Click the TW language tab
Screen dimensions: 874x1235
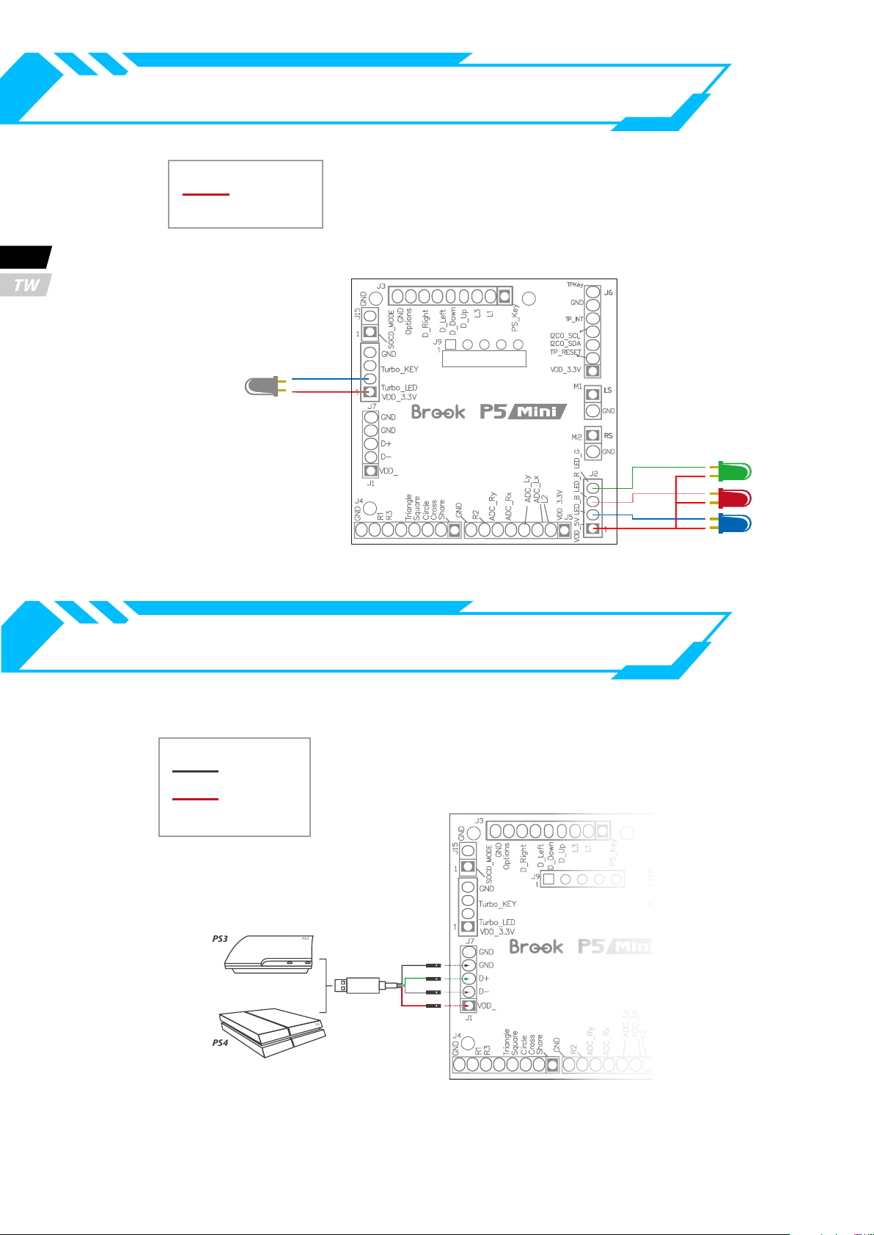point(26,285)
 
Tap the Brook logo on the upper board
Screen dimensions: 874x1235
point(438,412)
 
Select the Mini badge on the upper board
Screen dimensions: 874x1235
point(539,412)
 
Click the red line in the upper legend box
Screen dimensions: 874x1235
point(206,195)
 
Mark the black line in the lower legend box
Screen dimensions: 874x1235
point(196,771)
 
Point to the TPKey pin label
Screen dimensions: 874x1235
point(575,285)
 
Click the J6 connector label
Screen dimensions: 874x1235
point(608,292)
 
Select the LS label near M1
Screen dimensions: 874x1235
point(608,391)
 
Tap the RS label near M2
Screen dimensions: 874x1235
point(608,436)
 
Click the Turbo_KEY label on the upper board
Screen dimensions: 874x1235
point(399,370)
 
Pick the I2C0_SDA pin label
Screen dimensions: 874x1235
point(565,344)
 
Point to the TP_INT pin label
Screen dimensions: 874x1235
point(573,320)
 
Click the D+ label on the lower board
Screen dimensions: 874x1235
point(483,978)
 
